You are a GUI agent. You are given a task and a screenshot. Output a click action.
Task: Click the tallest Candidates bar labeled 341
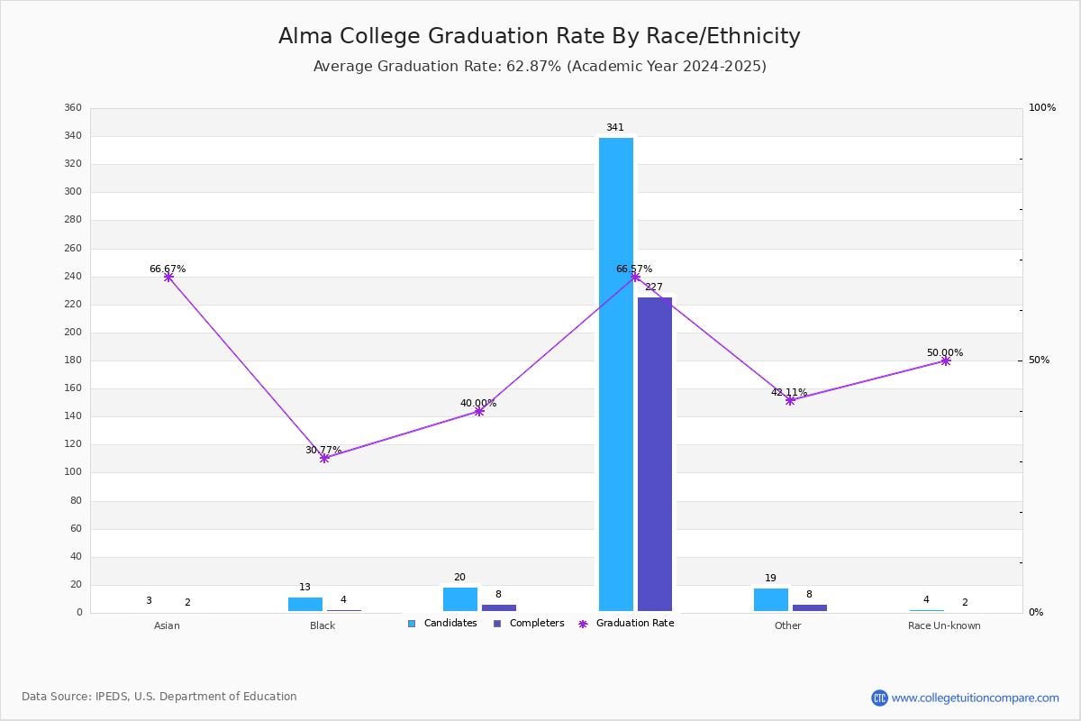coord(616,374)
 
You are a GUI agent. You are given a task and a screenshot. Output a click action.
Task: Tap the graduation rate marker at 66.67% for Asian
coord(168,277)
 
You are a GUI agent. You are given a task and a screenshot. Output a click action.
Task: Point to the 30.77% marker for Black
coord(324,458)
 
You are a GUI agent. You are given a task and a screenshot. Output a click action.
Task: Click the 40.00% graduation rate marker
coord(479,411)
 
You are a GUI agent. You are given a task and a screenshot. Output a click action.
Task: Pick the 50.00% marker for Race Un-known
coord(946,360)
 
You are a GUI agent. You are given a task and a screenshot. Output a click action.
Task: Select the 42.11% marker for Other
coord(790,400)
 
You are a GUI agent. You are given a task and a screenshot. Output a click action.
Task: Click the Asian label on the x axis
coord(167,625)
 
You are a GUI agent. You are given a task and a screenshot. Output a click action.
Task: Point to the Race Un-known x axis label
coord(944,625)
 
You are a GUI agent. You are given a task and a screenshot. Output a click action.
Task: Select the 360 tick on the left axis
coord(73,108)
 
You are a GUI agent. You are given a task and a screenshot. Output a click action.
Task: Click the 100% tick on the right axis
coord(1042,108)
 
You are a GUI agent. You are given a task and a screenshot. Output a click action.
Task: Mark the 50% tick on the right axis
coord(1039,360)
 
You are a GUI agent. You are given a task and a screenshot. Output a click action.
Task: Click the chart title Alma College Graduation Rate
coord(539,36)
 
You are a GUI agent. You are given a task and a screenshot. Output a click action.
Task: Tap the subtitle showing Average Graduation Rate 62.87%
coord(540,67)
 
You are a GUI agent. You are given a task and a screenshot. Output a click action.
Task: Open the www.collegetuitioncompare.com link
coord(975,698)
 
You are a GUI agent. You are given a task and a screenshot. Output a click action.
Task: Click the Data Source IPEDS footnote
coord(159,697)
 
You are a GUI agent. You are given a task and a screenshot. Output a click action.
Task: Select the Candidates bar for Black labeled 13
coord(305,604)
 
